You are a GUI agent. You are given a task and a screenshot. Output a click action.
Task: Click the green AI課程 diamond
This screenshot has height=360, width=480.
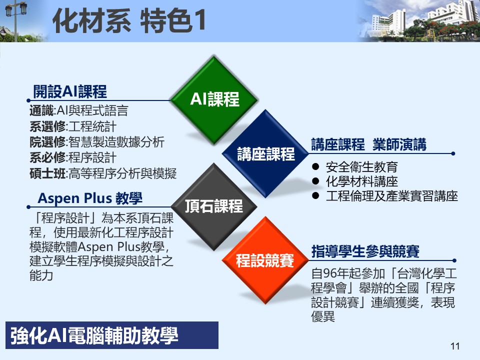pyautogui.click(x=214, y=100)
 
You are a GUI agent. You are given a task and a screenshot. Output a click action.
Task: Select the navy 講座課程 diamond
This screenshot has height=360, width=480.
pyautogui.click(x=265, y=153)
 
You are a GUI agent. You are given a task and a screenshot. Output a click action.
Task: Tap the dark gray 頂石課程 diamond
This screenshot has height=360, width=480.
pyautogui.click(x=214, y=206)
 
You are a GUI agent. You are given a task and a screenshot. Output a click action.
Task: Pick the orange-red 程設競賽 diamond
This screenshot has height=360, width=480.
pyautogui.click(x=265, y=260)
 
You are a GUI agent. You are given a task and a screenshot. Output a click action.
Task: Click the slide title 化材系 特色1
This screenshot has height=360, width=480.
pyautogui.click(x=129, y=20)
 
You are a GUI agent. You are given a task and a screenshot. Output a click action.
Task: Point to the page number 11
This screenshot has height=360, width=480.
pyautogui.click(x=455, y=346)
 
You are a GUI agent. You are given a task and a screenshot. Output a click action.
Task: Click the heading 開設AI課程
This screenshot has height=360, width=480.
pyautogui.click(x=70, y=91)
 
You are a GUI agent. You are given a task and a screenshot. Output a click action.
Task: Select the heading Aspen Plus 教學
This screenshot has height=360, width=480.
pyautogui.click(x=90, y=198)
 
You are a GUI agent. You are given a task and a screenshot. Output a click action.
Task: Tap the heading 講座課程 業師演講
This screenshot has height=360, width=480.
pyautogui.click(x=368, y=144)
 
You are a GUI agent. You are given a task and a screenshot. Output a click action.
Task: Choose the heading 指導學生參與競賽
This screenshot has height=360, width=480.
pyautogui.click(x=365, y=251)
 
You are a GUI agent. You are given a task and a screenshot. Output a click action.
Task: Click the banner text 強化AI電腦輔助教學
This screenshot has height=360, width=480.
pyautogui.click(x=94, y=335)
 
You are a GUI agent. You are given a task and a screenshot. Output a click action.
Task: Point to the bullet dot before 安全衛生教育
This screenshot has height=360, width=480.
pyautogui.click(x=315, y=167)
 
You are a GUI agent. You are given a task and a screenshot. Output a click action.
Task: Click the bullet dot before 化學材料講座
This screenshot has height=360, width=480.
pyautogui.click(x=315, y=181)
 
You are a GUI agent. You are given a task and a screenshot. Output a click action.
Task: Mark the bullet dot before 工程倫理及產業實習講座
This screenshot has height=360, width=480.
pyautogui.click(x=315, y=195)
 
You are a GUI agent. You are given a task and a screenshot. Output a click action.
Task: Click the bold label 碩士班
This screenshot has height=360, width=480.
pyautogui.click(x=48, y=173)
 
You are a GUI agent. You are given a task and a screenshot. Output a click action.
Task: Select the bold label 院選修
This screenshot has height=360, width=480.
pyautogui.click(x=48, y=142)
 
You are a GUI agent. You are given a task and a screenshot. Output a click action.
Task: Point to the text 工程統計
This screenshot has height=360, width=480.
pyautogui.click(x=92, y=126)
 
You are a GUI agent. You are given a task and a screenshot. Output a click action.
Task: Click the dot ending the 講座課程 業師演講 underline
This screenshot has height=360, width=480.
pyautogui.click(x=453, y=153)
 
